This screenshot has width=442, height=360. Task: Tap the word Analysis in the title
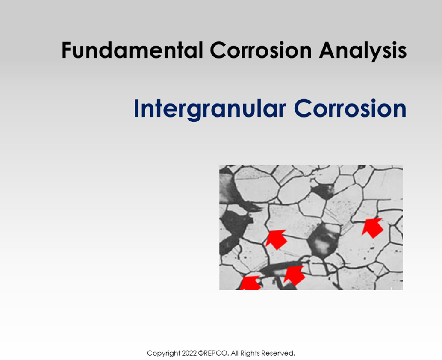click(362, 51)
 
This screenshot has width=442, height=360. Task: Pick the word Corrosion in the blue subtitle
click(350, 109)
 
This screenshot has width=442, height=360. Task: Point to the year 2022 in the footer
click(189, 353)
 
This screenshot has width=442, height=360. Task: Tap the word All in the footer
click(235, 353)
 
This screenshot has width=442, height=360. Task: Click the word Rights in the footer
click(251, 354)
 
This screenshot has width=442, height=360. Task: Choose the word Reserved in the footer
click(278, 353)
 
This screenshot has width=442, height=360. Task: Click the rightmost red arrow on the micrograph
click(372, 227)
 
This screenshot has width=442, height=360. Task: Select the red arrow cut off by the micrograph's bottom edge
click(250, 283)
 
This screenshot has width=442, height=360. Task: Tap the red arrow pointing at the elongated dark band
click(294, 275)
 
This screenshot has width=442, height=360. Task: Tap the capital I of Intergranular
click(137, 109)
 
